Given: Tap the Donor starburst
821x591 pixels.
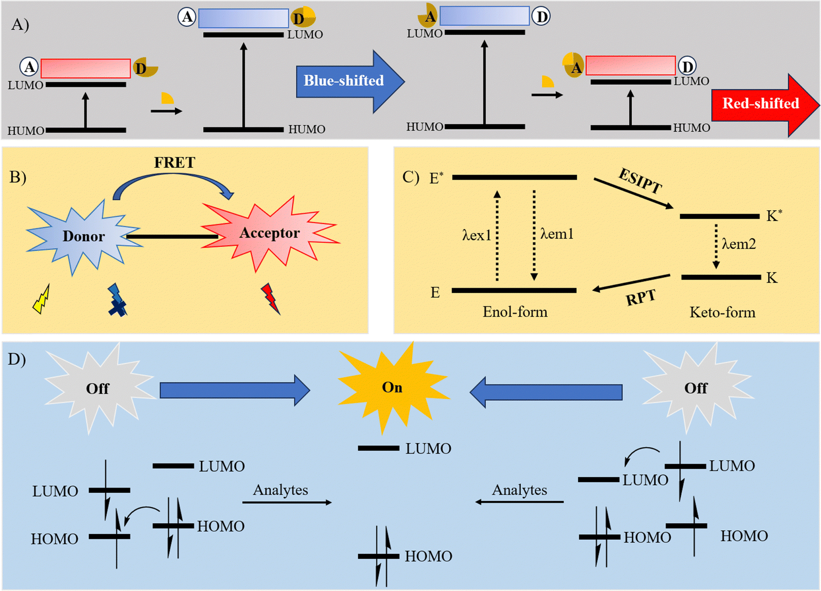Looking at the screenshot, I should [x=83, y=236].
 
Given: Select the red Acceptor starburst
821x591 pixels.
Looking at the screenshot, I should [x=269, y=233].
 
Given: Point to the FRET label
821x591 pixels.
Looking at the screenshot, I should [x=174, y=162].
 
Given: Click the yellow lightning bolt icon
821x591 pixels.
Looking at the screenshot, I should [x=42, y=300].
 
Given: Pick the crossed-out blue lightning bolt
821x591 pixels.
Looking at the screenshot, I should [x=117, y=300].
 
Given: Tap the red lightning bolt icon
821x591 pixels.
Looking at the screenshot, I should [x=270, y=298].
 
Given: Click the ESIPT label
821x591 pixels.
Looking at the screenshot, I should [x=640, y=181].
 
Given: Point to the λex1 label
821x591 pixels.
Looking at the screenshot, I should [x=476, y=235].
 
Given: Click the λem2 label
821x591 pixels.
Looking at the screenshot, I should [x=738, y=244].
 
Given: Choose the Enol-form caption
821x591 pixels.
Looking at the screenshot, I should [x=515, y=312].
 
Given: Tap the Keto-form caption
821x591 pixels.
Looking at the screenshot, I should [x=722, y=313].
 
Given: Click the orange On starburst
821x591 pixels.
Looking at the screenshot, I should [x=392, y=387].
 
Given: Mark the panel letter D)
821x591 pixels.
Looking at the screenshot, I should [x=17, y=359].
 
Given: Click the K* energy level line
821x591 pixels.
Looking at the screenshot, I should [x=719, y=216].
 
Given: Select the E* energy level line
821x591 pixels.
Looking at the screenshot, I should [x=514, y=177].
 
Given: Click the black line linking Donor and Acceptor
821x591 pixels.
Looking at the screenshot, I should [x=172, y=237].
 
